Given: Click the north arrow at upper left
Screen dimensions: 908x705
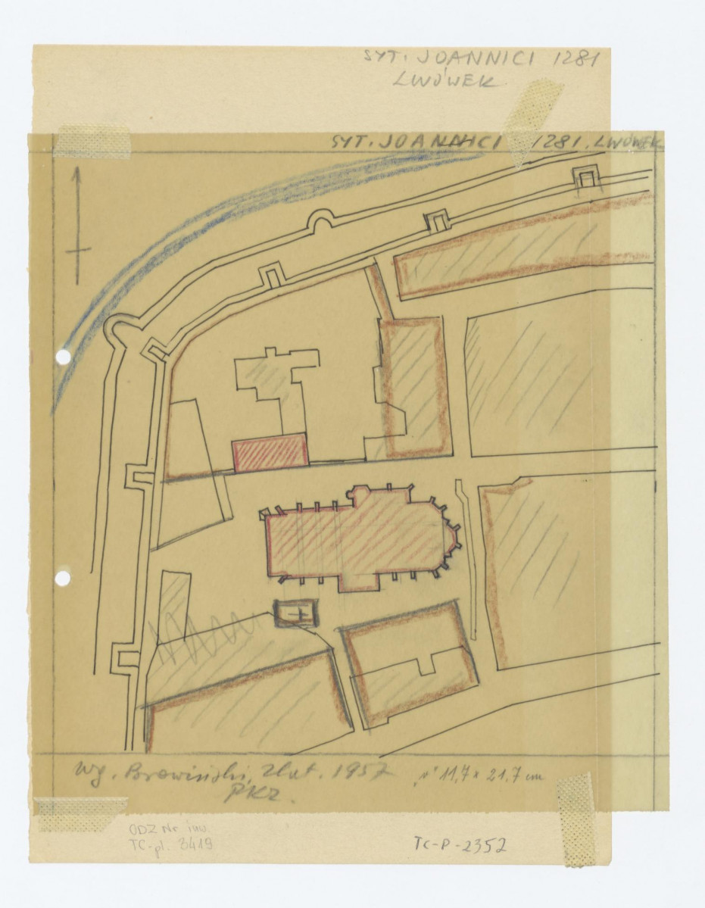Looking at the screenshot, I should click(76, 227).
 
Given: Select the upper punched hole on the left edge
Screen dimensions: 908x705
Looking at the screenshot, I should click(63, 356).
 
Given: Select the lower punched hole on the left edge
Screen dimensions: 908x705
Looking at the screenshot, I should click(63, 579).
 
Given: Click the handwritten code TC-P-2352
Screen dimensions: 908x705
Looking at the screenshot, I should click(460, 844).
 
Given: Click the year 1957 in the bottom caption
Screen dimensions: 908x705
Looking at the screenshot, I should click(365, 775).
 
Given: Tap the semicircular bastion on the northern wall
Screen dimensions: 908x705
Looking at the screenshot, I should click(319, 220).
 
